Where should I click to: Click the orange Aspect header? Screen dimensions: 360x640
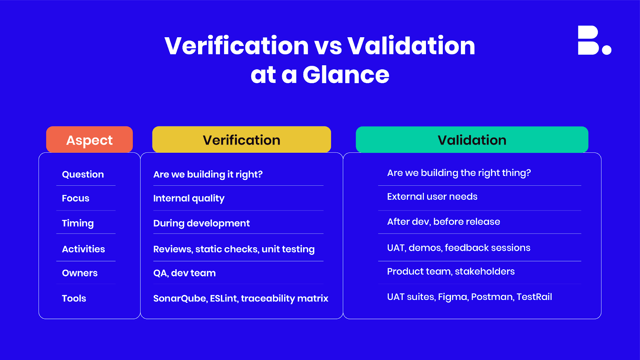click(x=89, y=140)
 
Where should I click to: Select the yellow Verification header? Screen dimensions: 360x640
click(x=241, y=140)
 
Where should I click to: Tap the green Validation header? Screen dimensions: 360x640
click(x=472, y=140)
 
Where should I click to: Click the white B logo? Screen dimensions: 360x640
click(x=594, y=40)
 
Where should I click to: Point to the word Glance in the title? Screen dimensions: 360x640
click(x=346, y=75)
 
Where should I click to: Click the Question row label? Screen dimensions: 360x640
click(x=83, y=174)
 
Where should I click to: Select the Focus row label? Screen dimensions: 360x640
click(x=76, y=198)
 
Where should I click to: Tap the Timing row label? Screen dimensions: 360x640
click(x=78, y=223)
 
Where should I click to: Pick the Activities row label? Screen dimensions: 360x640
click(x=83, y=249)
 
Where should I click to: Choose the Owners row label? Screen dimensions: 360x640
click(x=80, y=273)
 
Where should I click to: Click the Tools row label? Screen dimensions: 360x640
click(x=74, y=298)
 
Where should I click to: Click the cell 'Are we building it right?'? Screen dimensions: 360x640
click(x=208, y=174)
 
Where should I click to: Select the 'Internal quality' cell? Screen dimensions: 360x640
click(x=189, y=198)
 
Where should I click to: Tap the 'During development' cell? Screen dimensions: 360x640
click(x=201, y=223)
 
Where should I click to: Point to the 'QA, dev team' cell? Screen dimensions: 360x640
click(x=184, y=273)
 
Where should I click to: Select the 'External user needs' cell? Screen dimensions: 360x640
click(x=432, y=197)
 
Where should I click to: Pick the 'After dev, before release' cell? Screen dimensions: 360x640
click(x=443, y=222)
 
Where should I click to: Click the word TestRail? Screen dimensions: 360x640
click(x=534, y=297)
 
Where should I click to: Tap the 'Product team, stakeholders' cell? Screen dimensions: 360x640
click(x=451, y=272)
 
